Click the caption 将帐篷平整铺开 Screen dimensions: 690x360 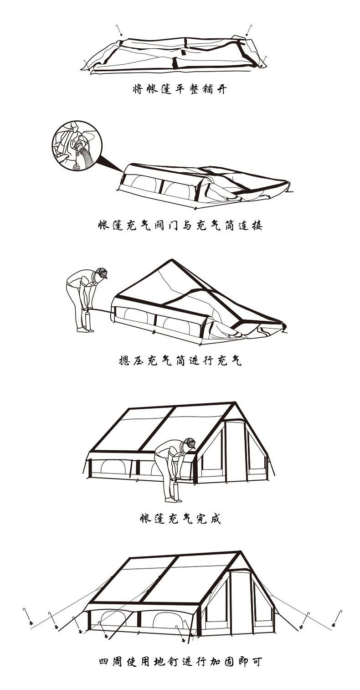[x=179, y=89]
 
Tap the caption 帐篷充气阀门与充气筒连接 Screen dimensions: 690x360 [x=180, y=225]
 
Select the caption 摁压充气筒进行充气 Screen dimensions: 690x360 [x=179, y=360]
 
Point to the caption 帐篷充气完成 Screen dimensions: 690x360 [x=180, y=518]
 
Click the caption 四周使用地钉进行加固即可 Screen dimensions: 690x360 [x=180, y=662]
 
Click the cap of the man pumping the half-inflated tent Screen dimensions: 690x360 [x=102, y=273]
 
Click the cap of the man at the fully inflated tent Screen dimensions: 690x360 [x=190, y=443]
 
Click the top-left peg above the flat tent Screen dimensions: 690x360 [x=119, y=30]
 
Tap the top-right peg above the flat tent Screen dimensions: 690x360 [x=248, y=30]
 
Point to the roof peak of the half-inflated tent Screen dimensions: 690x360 [x=171, y=260]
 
